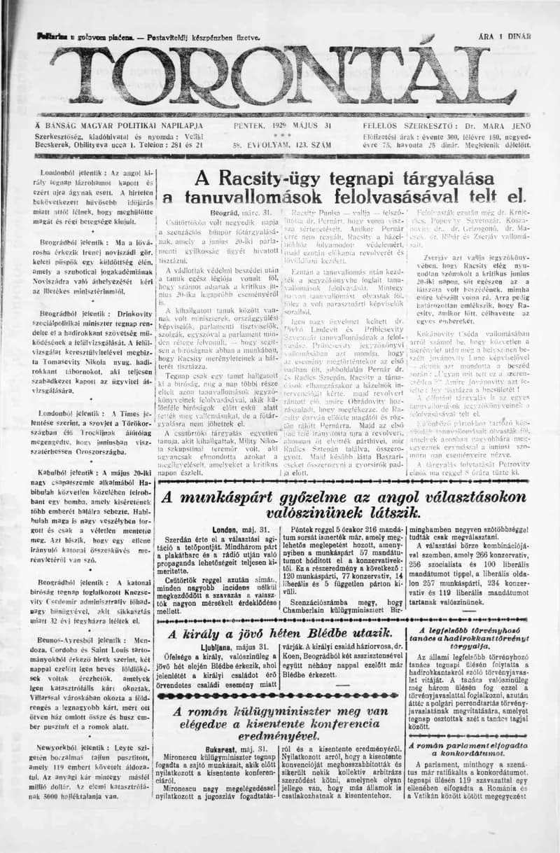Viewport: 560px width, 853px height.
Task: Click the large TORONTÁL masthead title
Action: tap(280, 76)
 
